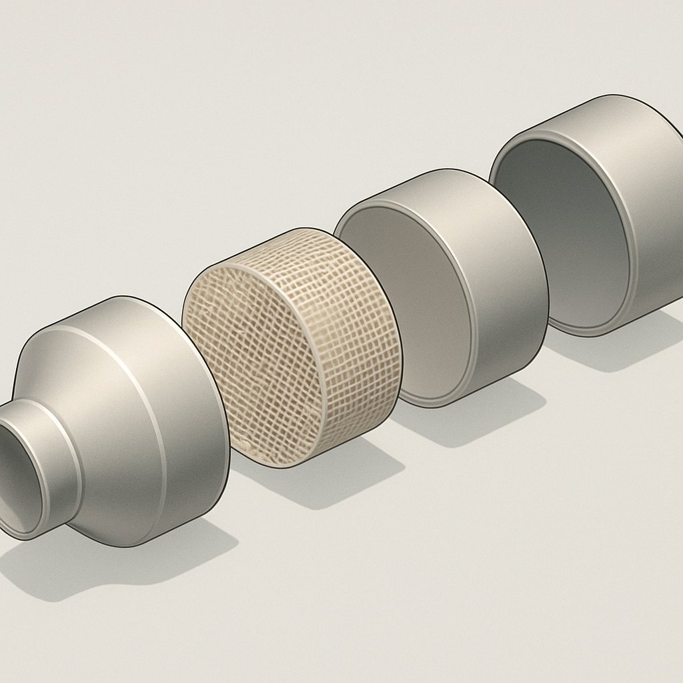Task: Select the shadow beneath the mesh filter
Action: (x=347, y=467)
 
